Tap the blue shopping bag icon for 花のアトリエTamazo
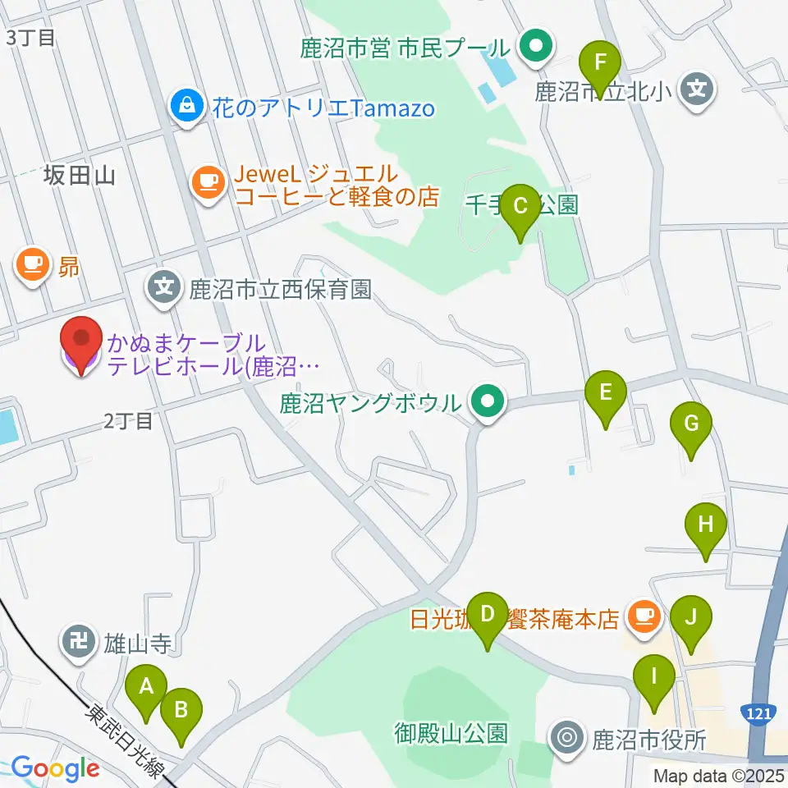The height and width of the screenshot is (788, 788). [x=188, y=106]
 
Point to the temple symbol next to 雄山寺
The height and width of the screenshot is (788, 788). [x=80, y=639]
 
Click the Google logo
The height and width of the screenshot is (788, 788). [x=55, y=769]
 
